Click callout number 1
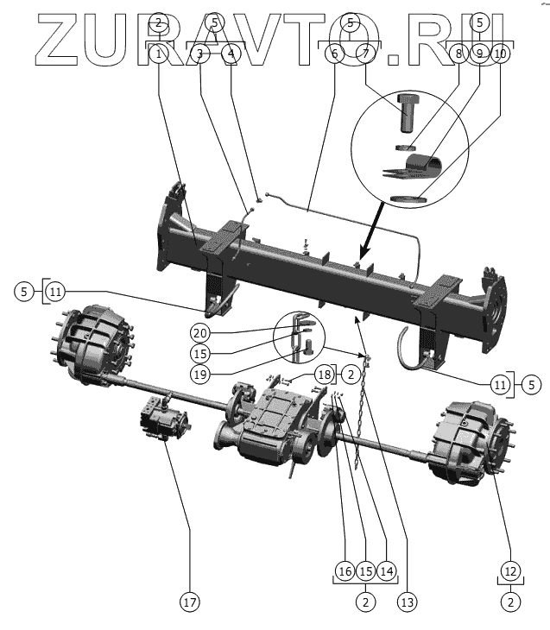coord(158,54)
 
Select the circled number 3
coord(199,54)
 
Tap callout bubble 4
coord(231,54)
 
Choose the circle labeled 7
coord(365,54)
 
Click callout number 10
coord(501,54)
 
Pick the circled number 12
coord(510,570)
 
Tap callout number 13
coord(406,600)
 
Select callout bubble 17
coord(188,602)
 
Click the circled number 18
coord(324,374)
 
